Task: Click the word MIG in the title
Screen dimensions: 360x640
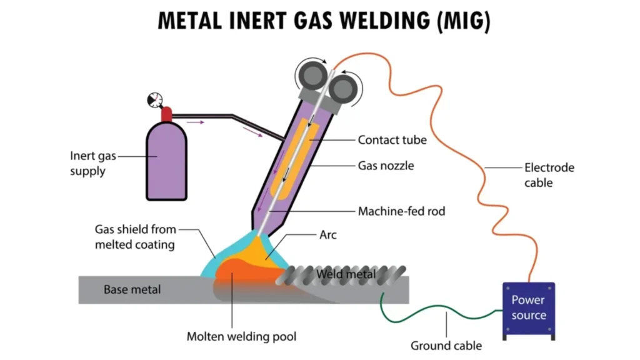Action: click(459, 21)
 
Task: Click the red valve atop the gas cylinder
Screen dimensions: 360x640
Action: click(166, 114)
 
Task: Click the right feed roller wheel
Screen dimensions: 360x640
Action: click(341, 87)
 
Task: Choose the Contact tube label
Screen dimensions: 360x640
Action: click(392, 140)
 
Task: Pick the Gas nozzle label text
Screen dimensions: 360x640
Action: click(386, 166)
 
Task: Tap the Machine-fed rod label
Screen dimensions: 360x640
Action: click(401, 211)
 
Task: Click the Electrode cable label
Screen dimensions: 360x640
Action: click(549, 175)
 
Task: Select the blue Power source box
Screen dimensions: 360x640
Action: click(529, 307)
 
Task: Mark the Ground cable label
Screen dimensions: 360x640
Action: click(446, 346)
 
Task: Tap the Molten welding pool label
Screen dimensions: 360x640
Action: click(241, 337)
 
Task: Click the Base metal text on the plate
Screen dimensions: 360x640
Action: click(132, 289)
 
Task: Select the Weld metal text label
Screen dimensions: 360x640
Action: click(346, 274)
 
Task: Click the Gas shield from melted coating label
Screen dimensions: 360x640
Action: click(135, 237)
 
